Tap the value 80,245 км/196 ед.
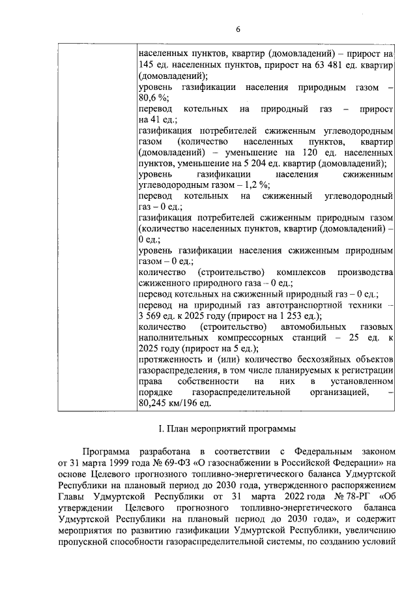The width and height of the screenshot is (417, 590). pyautogui.click(x=175, y=404)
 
